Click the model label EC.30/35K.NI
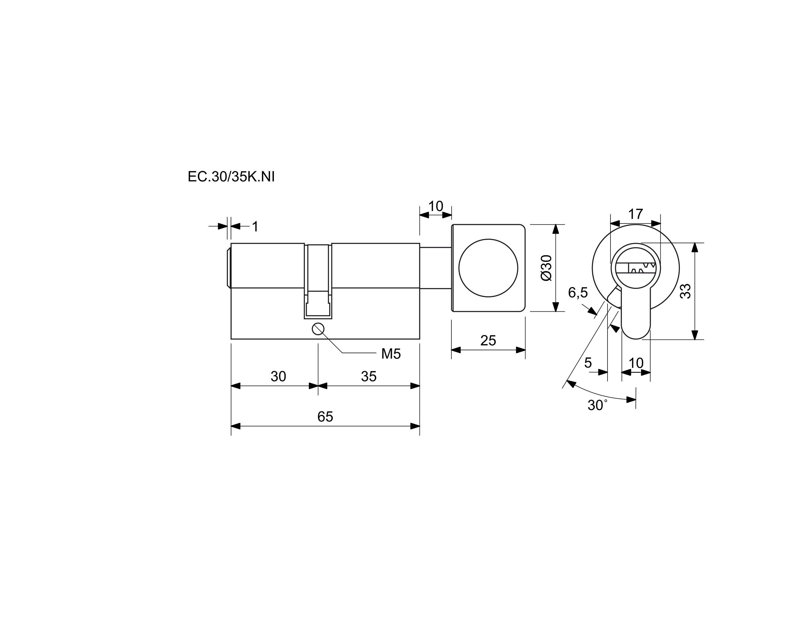click(231, 177)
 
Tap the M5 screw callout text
click(391, 354)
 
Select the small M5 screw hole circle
click(318, 328)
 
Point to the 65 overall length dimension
click(325, 416)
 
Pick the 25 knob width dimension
click(488, 340)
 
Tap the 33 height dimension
click(685, 291)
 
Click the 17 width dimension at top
click(635, 214)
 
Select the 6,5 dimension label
click(578, 293)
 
